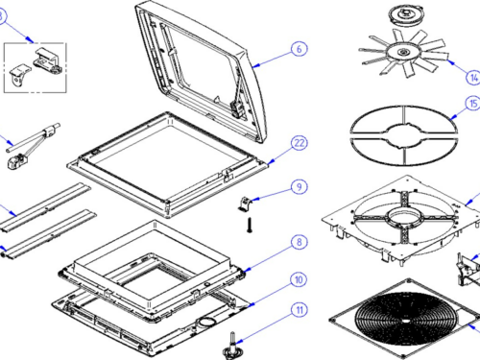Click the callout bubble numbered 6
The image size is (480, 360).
300,49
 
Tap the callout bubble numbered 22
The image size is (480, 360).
300,143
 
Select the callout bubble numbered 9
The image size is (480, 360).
300,187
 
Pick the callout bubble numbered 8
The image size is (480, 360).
300,242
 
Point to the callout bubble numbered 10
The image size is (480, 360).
299,279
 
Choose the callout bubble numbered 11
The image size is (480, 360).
300,310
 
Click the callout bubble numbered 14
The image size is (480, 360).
473,77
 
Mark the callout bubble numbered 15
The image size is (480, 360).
473,104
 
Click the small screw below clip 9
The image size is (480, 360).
250,225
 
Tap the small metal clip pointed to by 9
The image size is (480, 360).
246,204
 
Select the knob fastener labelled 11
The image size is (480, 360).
231,347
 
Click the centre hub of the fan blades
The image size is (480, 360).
402,52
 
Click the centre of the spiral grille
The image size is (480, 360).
405,321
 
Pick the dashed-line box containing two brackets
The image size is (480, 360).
36,67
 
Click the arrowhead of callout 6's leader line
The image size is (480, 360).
254,66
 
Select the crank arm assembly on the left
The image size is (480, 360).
33,146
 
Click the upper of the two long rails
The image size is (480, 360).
45,207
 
